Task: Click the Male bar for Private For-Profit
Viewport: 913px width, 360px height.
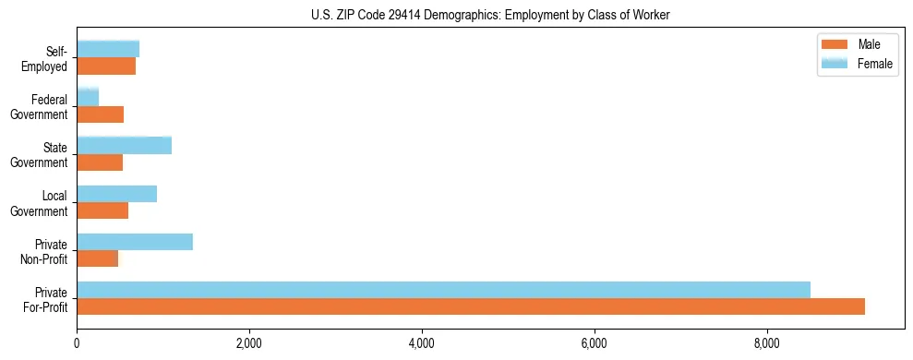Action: (471, 306)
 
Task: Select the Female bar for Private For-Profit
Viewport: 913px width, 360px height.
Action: (443, 290)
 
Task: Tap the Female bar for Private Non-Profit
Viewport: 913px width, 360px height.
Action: (135, 242)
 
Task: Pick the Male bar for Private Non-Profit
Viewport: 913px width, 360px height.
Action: (98, 258)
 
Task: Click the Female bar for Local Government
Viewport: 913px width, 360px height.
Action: (117, 194)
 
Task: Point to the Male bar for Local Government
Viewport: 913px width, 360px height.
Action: (102, 210)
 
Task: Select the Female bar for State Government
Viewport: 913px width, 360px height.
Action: (125, 145)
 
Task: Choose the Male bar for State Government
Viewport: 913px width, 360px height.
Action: (100, 162)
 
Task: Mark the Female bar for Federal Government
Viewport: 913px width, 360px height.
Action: (88, 97)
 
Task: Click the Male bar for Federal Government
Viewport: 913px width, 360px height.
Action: (101, 114)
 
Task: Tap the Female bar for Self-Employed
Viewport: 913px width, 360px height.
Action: (108, 49)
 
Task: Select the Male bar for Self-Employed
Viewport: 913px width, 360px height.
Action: (106, 66)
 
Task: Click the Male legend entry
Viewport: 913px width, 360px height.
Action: (869, 45)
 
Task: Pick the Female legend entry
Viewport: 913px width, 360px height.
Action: (874, 63)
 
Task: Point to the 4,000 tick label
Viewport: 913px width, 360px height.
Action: (422, 343)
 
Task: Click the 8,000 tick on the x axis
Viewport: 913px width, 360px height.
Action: (767, 343)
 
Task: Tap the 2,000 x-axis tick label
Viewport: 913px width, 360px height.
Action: (249, 343)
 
